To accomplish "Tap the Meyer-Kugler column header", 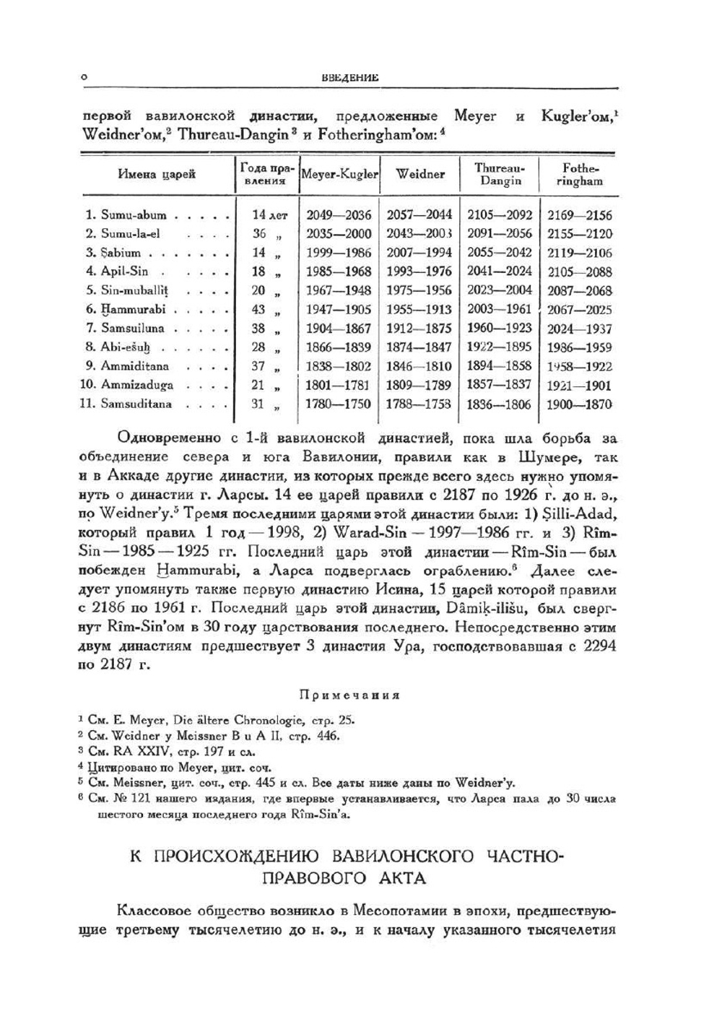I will [339, 175].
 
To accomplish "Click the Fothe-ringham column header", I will [579, 174].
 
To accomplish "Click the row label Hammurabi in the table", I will [133, 309].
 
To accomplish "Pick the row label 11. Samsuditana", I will [126, 404].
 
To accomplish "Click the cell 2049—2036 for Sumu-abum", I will [339, 214].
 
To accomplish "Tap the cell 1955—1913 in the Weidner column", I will [419, 309].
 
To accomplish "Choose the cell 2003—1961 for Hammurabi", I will [500, 309].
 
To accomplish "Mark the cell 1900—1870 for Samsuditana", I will [579, 404].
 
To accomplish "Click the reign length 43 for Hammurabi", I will [258, 309].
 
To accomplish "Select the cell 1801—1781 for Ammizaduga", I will [339, 385].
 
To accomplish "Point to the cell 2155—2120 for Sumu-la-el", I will [579, 234].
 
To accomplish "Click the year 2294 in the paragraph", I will [599, 646].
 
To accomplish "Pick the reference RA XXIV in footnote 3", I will [130, 752].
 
